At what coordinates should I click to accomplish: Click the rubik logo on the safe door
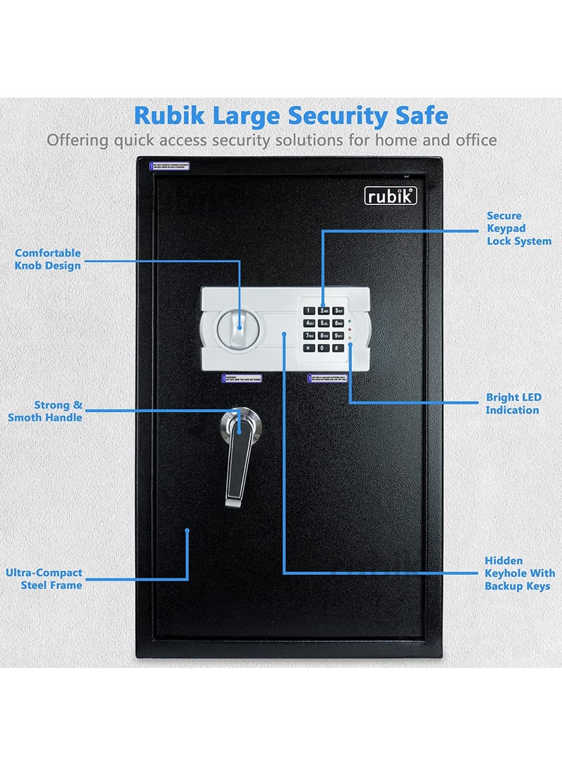(x=391, y=197)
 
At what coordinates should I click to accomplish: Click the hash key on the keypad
(x=339, y=348)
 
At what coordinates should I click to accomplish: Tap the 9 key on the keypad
(x=339, y=335)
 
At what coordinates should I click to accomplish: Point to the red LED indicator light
(x=349, y=321)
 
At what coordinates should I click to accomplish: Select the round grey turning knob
(x=237, y=326)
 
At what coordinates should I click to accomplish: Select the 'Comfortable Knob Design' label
(x=48, y=259)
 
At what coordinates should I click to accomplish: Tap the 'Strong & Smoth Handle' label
(x=46, y=411)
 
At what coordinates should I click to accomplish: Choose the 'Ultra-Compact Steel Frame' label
(x=44, y=579)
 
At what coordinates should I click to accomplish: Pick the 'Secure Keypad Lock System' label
(x=519, y=228)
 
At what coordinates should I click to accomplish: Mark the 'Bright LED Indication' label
(x=514, y=404)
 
